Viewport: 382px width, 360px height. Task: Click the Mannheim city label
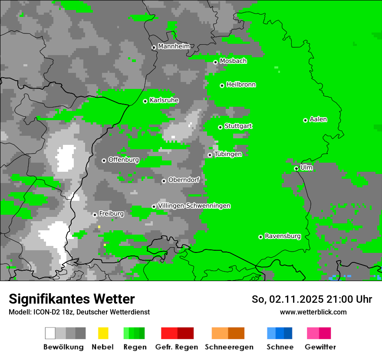click(174, 46)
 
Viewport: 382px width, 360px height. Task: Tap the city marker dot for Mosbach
click(215, 62)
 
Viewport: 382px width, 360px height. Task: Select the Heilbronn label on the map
click(241, 85)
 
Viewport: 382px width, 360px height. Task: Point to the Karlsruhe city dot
click(145, 101)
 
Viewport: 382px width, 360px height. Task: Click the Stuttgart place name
click(238, 126)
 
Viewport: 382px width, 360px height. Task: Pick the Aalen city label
click(318, 119)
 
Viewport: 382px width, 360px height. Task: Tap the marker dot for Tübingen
click(210, 155)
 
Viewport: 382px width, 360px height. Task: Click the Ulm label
click(306, 167)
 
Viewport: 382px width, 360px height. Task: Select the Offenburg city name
click(123, 160)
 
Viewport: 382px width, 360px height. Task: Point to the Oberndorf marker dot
click(164, 181)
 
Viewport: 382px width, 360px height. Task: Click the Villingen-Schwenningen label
click(194, 206)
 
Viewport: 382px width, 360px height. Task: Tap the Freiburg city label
click(111, 213)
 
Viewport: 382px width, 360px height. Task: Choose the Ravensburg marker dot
click(260, 237)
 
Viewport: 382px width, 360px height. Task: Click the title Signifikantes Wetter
click(72, 299)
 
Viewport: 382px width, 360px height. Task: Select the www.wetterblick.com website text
click(313, 312)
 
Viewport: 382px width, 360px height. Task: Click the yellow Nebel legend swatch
click(103, 333)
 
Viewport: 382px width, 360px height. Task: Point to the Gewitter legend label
click(320, 347)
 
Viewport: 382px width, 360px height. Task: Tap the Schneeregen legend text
click(229, 347)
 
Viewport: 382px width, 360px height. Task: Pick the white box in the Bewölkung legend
click(50, 333)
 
